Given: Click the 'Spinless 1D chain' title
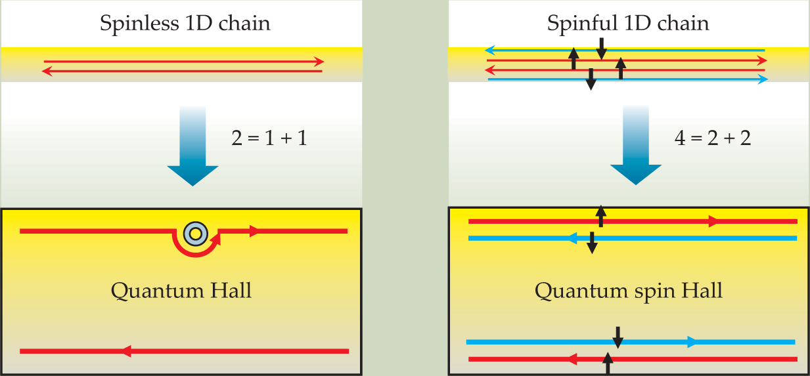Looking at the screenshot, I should coord(185,24).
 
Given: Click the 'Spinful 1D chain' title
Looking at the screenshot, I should coord(628,24).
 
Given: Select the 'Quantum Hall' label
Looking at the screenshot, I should coord(181,290).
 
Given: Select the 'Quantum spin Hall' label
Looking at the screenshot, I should coord(629,290).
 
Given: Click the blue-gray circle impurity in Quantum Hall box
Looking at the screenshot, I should coord(194,232).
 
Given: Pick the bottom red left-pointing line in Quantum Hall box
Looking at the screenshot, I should coord(184,351).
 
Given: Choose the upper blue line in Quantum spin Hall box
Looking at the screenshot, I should coord(657,238).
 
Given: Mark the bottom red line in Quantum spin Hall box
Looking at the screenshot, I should coord(657,359).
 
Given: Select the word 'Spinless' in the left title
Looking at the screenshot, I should coord(133,24).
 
